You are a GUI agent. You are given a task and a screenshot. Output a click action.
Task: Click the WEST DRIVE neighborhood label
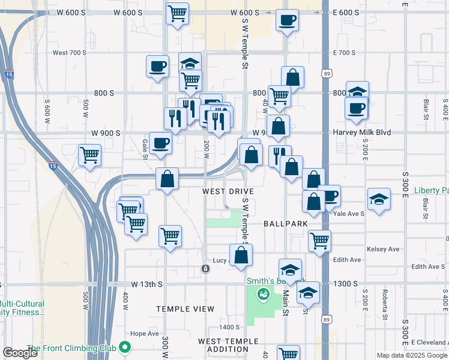coord(228,191)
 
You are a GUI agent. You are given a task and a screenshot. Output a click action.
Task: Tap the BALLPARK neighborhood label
coord(285,223)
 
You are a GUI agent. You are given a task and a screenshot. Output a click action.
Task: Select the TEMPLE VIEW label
coord(185,309)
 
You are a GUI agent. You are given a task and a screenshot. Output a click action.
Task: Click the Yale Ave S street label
coord(349,213)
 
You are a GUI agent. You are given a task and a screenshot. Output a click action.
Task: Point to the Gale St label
coord(145,146)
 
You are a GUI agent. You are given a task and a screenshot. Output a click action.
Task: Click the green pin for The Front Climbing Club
coord(125,347)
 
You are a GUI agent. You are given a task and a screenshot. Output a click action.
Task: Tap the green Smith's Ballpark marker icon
coord(262,295)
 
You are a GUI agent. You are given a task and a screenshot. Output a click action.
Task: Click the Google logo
coord(20,353)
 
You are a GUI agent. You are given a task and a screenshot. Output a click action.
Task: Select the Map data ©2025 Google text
coord(412,355)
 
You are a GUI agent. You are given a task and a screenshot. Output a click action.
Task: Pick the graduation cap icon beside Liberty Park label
coord(379,199)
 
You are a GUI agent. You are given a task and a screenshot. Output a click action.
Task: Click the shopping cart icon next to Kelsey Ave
coord(319,241)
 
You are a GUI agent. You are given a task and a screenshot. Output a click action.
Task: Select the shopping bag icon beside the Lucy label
coord(241,254)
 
